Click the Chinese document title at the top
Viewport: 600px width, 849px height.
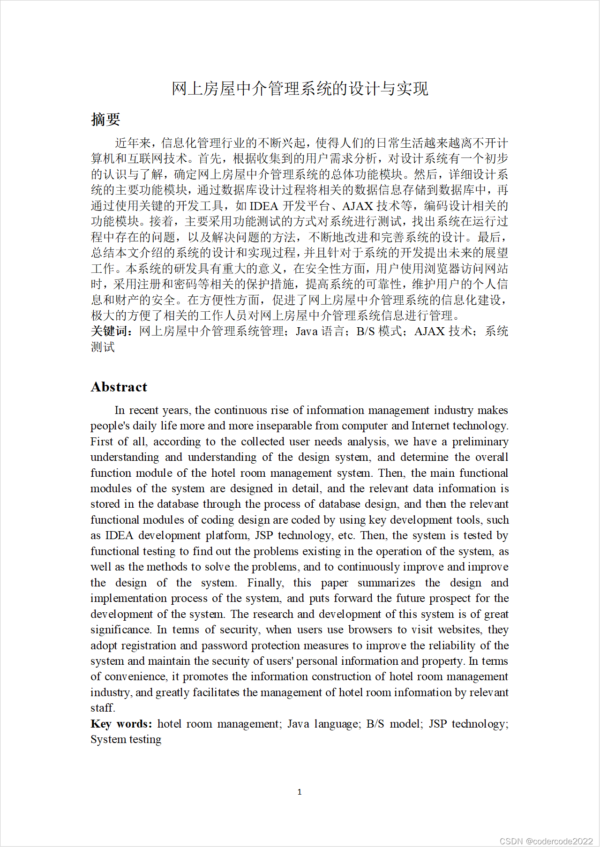tap(300, 89)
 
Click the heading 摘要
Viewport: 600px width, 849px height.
tap(105, 120)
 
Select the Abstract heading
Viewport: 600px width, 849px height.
tap(119, 387)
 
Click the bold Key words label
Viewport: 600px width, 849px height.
tap(121, 724)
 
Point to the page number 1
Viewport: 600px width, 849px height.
tap(300, 792)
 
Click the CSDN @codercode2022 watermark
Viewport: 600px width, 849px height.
tap(546, 841)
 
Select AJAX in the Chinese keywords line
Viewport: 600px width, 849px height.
tap(429, 331)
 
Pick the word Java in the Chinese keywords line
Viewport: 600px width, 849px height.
tap(307, 331)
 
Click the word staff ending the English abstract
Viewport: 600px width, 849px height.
tap(102, 708)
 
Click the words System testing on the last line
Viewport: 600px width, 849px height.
tap(126, 740)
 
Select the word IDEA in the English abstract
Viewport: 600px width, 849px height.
tap(119, 536)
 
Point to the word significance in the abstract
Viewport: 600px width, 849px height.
tap(120, 630)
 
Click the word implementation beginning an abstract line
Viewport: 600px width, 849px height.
tap(128, 599)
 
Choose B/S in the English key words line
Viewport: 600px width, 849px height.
tap(375, 724)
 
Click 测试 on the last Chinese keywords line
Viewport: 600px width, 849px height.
tap(103, 347)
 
